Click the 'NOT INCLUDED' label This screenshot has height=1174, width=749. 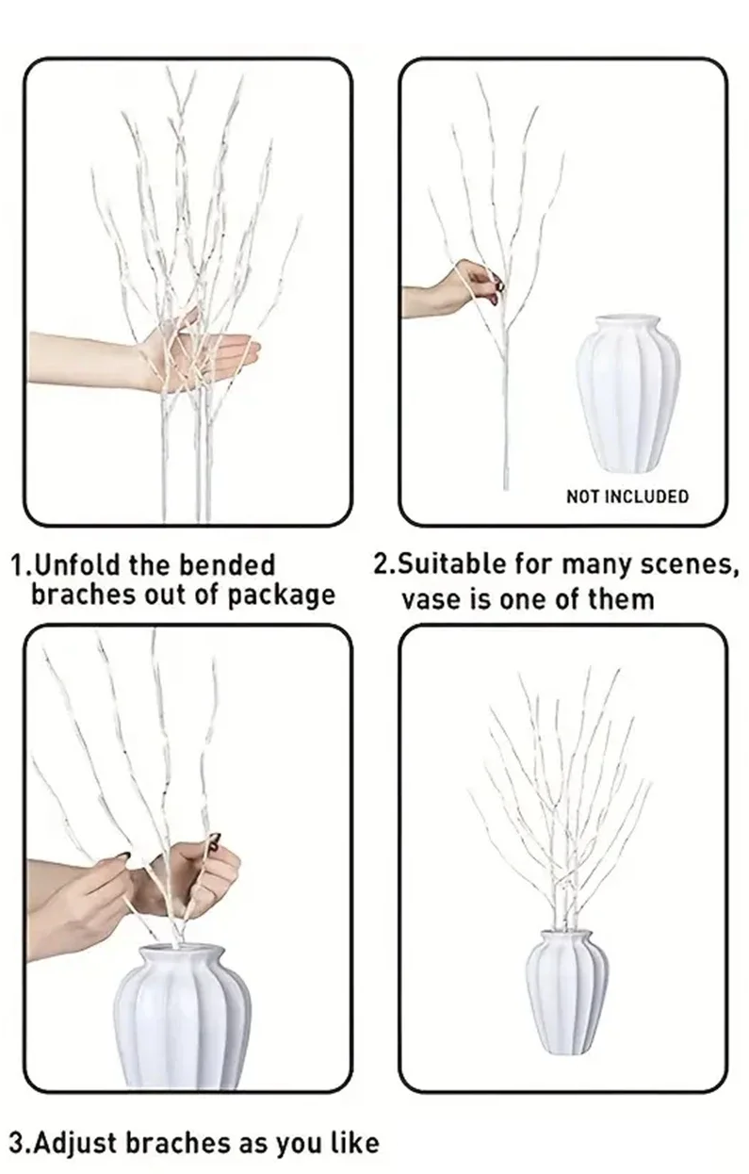(627, 497)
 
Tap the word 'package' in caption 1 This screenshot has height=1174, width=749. (281, 595)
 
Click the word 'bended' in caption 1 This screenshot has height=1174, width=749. (227, 565)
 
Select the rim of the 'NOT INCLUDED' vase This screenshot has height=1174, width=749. (627, 320)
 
